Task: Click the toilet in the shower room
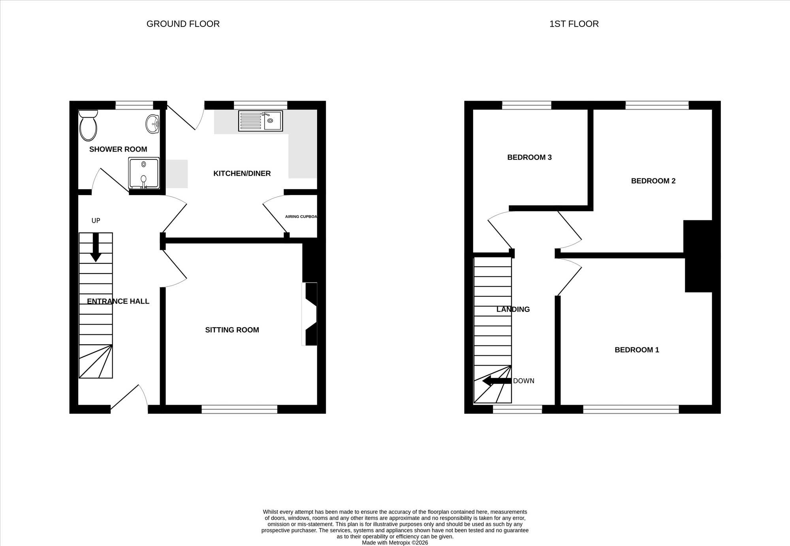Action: click(x=88, y=126)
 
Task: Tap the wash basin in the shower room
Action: click(x=152, y=124)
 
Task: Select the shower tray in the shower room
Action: click(x=144, y=173)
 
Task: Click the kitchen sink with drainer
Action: click(x=260, y=121)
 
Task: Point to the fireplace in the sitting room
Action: click(x=310, y=314)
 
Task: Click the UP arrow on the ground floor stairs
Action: click(x=96, y=248)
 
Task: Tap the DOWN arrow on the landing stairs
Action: click(x=497, y=381)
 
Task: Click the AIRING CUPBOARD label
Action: click(x=301, y=216)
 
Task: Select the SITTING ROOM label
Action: click(x=232, y=330)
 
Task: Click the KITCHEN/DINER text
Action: click(x=242, y=173)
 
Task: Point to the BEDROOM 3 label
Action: click(x=529, y=157)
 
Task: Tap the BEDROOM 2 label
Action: click(x=653, y=181)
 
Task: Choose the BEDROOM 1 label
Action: click(x=637, y=350)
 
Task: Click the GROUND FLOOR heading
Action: click(x=183, y=24)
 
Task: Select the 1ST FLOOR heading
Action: click(x=574, y=24)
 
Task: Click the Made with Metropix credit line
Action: click(x=395, y=542)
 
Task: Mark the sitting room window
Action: click(x=239, y=409)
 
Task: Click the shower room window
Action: click(x=134, y=105)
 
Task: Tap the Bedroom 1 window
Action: click(x=631, y=409)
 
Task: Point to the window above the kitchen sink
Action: click(x=260, y=105)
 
